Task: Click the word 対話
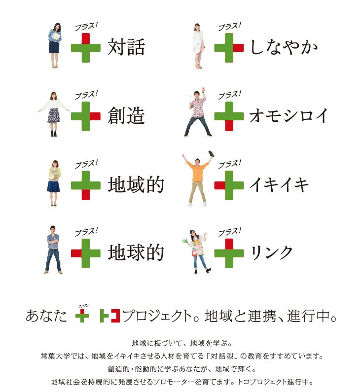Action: coord(126,47)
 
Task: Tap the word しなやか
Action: coord(284,47)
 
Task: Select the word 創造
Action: coord(126,115)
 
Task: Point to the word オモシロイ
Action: coord(288,115)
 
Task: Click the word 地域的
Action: coord(136,184)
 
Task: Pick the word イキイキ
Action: coord(279,184)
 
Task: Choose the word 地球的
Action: coord(136,252)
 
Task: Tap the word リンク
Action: coord(272,252)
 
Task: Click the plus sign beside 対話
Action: coord(86,48)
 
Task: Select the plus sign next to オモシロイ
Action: coord(229,116)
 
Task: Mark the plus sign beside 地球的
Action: coord(86,253)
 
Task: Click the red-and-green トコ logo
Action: coord(110,316)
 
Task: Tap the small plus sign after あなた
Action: coord(82,316)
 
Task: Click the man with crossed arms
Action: coord(53,249)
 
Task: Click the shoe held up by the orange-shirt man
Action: coord(211,153)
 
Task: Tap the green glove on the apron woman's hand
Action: coord(185,241)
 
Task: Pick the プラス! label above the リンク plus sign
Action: coord(229,232)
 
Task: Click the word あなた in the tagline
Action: coord(46,316)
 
